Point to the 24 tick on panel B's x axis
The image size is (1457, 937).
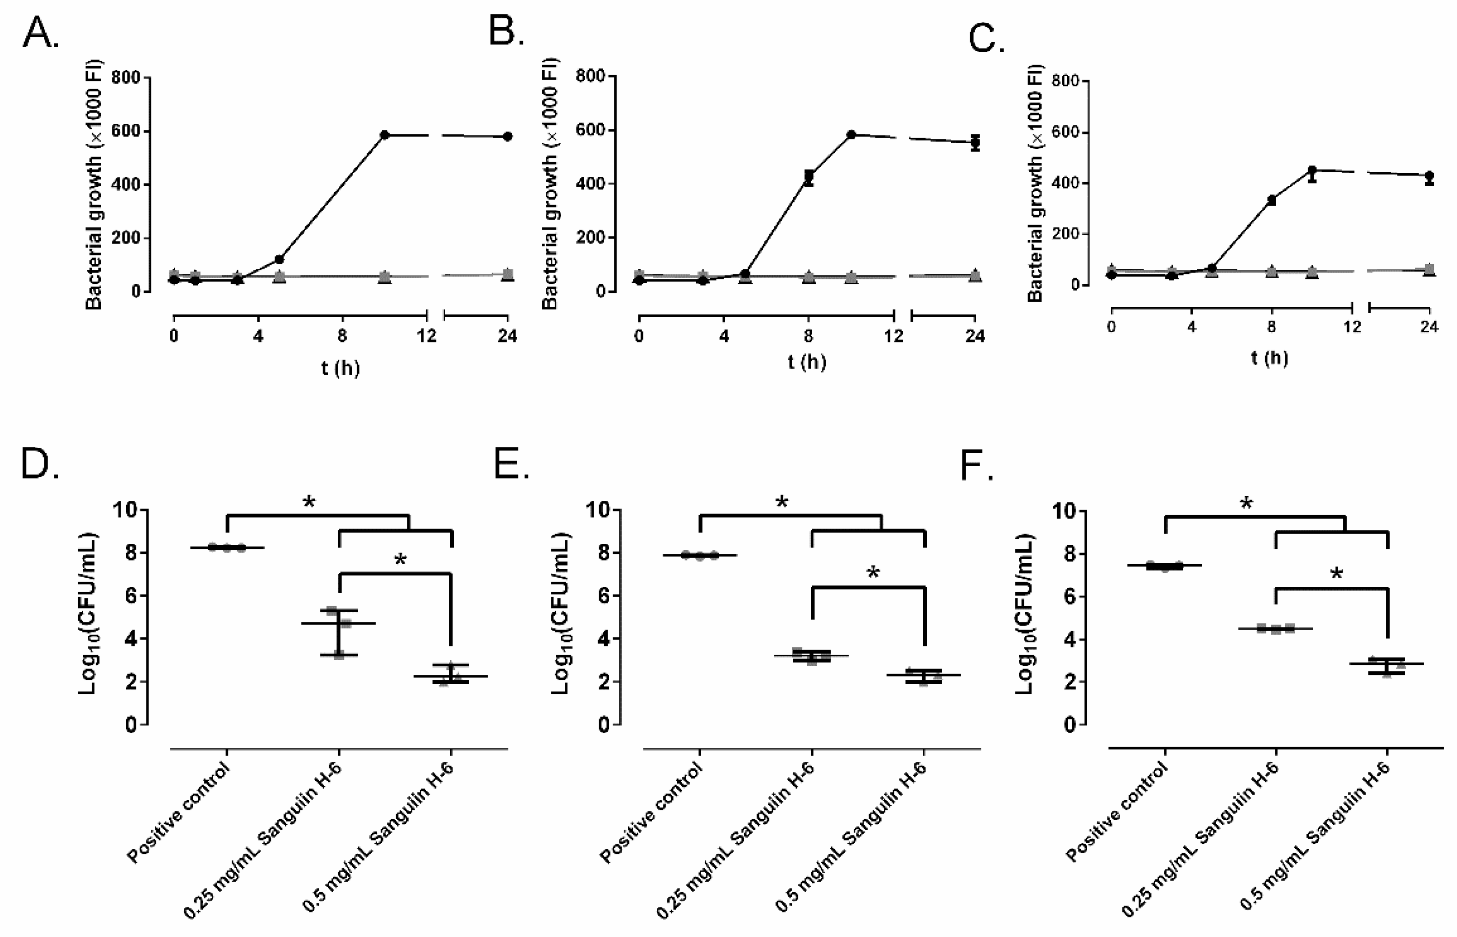coord(975,336)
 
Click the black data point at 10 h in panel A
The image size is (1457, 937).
coord(385,134)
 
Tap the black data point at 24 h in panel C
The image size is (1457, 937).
coord(1429,176)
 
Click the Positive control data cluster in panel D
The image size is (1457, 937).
coord(227,548)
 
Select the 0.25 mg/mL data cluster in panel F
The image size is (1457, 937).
coord(1276,628)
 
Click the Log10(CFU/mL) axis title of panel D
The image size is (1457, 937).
coord(89,615)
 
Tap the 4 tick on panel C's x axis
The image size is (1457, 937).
coord(1191,327)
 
